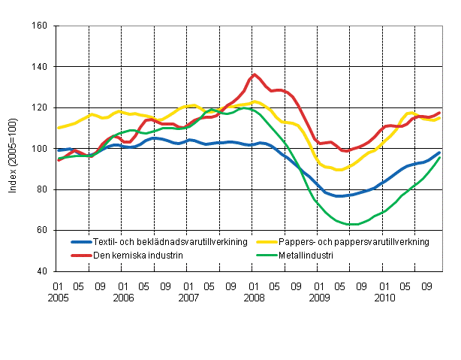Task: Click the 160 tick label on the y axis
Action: tap(41, 26)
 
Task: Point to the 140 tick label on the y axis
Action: tap(41, 67)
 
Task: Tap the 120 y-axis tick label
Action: tap(41, 107)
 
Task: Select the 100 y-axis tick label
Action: tap(41, 149)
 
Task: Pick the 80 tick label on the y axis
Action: tap(43, 189)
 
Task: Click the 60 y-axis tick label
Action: tap(43, 230)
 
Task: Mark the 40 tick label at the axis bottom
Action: tap(43, 271)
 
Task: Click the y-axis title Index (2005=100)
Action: tap(14, 149)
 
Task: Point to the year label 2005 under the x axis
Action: tap(56, 297)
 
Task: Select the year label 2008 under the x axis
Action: tap(253, 297)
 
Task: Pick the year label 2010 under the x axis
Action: tap(384, 297)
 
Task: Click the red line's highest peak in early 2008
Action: tap(255, 74)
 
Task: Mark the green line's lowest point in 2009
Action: tap(352, 224)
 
